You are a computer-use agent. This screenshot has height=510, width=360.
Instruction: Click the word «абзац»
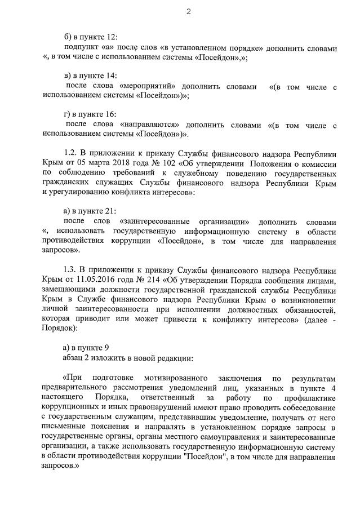[x=76, y=358]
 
